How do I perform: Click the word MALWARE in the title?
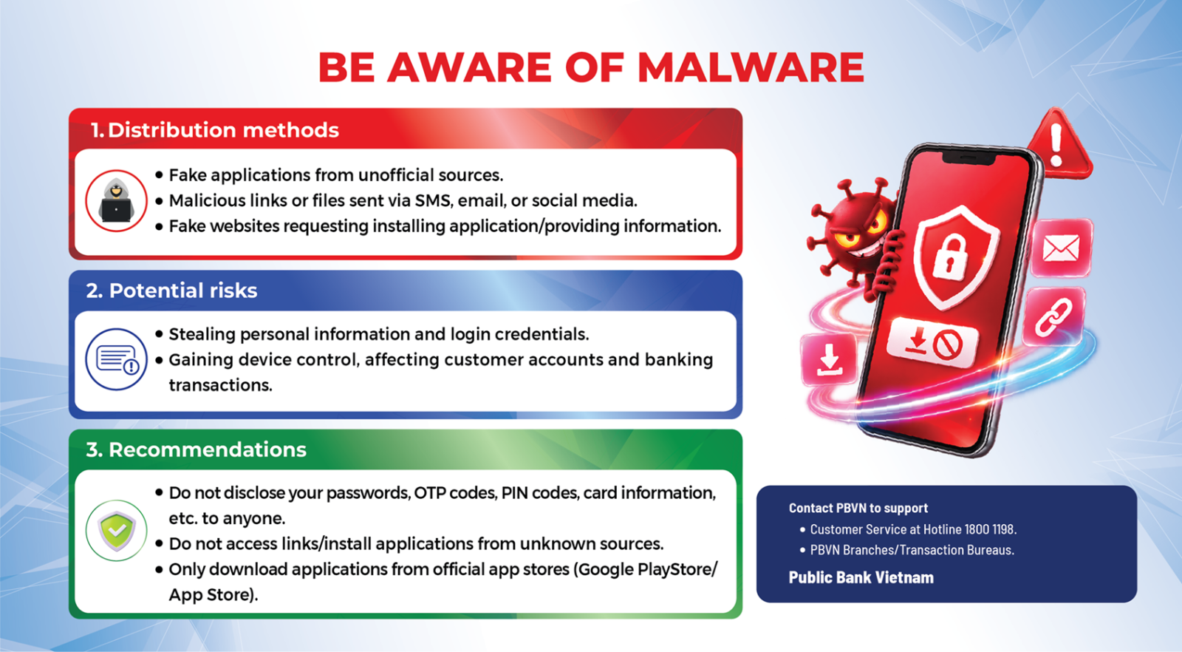point(751,67)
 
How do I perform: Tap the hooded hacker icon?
point(116,200)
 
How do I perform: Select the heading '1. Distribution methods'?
point(214,130)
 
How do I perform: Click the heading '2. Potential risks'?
point(171,291)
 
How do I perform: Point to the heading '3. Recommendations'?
point(197,449)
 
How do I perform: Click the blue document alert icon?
point(116,359)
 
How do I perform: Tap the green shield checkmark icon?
point(116,530)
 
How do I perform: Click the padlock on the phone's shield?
point(950,256)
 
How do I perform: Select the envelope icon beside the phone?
point(1062,248)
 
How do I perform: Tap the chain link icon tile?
point(1054,317)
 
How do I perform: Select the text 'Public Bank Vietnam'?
point(861,577)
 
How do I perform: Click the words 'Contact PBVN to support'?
point(858,508)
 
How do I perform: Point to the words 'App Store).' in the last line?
point(213,595)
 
